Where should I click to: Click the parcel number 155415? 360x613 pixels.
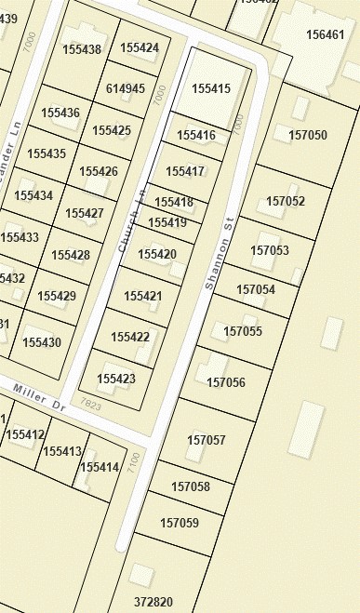tap(210, 88)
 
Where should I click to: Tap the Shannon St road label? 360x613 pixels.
tap(219, 255)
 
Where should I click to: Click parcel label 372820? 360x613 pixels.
tap(153, 602)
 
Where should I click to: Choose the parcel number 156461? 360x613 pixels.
tap(325, 35)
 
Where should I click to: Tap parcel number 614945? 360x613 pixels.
tap(126, 89)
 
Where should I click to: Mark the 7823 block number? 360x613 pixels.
tap(90, 403)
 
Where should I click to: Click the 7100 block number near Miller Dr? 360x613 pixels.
tap(134, 460)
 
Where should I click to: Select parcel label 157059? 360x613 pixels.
tap(180, 523)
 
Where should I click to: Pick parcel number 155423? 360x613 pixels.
tap(116, 379)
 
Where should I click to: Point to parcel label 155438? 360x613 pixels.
tap(82, 49)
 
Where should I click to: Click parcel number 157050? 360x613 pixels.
tap(308, 135)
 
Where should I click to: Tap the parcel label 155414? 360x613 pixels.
tap(100, 466)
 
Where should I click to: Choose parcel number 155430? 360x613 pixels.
tap(42, 342)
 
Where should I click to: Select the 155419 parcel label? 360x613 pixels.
tap(167, 222)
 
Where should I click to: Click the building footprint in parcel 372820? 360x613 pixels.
tap(140, 575)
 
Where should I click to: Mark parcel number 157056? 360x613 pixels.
tap(226, 382)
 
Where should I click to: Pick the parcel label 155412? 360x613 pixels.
tap(25, 434)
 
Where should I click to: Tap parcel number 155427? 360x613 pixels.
tap(85, 213)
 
